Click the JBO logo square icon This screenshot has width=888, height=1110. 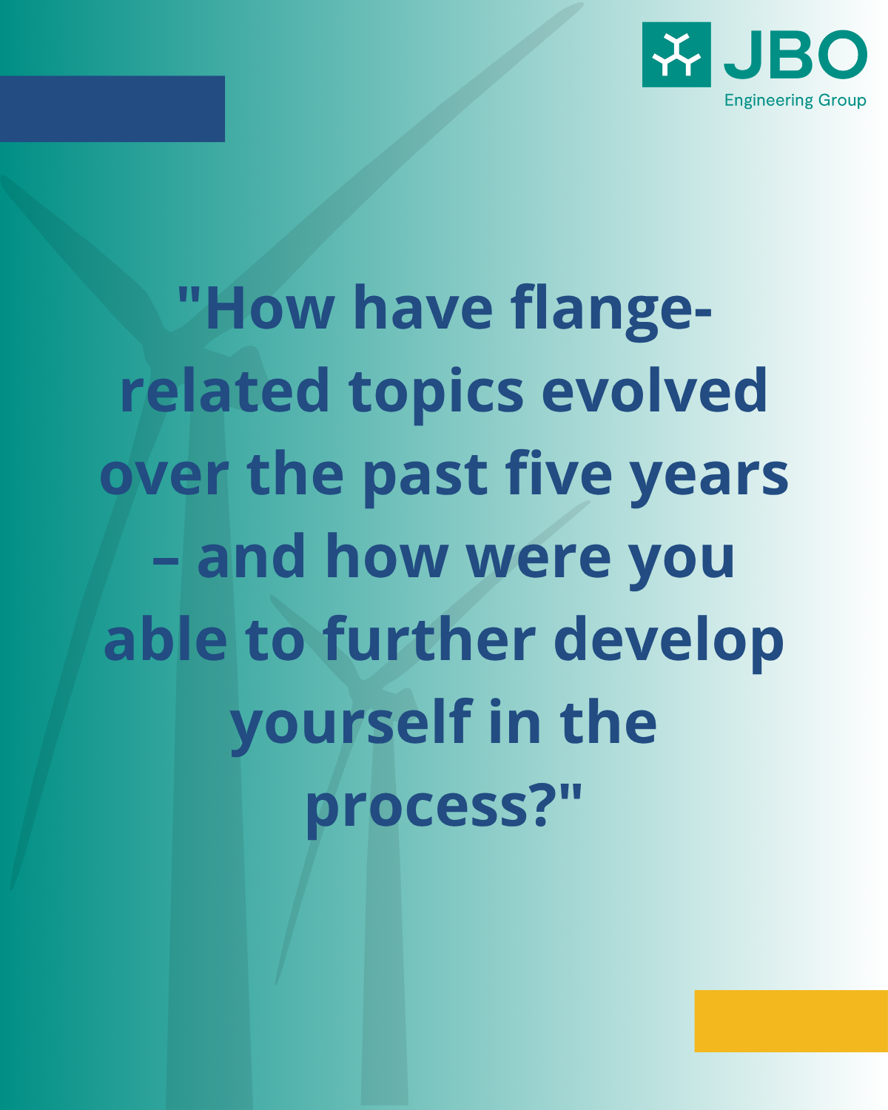tap(676, 54)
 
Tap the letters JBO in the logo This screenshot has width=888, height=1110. tap(795, 55)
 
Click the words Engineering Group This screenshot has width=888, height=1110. tap(795, 100)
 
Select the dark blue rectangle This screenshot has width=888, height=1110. tap(112, 109)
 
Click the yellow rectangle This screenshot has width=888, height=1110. tap(791, 1020)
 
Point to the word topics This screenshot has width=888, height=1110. tap(436, 394)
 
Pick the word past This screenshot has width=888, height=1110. tap(425, 477)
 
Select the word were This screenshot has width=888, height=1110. tap(538, 559)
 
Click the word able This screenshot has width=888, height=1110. tap(166, 638)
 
